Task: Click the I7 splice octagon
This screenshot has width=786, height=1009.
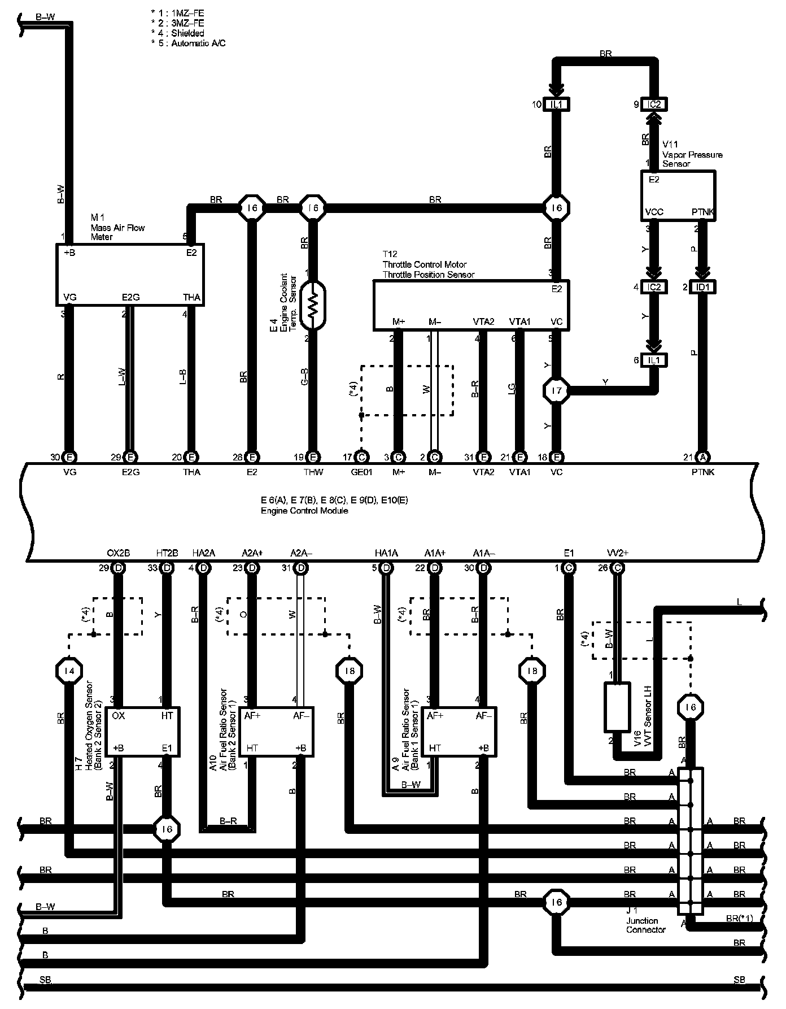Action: point(556,390)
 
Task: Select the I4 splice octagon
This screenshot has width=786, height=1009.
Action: point(69,671)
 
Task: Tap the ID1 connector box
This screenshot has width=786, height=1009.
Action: point(702,287)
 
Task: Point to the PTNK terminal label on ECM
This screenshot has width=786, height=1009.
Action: point(702,472)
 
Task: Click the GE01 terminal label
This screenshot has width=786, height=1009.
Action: point(361,472)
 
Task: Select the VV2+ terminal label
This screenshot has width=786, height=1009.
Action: point(617,553)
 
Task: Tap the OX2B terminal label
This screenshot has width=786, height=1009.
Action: point(118,553)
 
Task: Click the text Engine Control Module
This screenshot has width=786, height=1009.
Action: point(304,511)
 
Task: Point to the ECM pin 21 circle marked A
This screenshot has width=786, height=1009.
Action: point(702,457)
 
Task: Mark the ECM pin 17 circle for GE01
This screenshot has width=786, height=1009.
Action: point(361,457)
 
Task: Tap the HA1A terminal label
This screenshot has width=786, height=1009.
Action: point(386,553)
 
